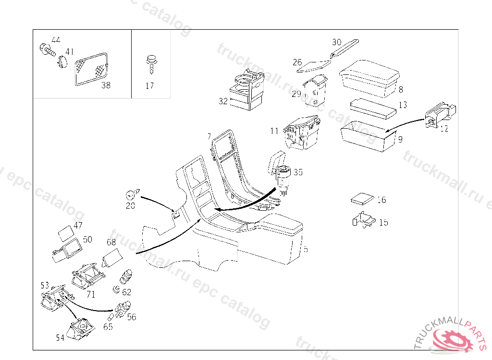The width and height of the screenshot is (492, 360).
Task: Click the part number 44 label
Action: point(56,39)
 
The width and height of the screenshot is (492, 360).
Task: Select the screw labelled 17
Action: point(150,63)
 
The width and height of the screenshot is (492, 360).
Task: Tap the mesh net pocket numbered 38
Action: point(92,68)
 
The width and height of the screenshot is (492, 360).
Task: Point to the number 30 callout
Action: point(336,42)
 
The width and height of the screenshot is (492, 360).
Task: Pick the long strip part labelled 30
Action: point(344,49)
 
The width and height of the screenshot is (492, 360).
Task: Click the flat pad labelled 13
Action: point(372,108)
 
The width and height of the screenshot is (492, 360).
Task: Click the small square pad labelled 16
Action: point(363,199)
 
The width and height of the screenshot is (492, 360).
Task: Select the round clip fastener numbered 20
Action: point(130,194)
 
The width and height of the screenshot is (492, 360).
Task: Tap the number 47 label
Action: point(78,225)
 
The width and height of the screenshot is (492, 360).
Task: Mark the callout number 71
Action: point(91,294)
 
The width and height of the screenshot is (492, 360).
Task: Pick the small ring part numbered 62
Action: point(116,289)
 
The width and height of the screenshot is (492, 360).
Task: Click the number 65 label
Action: point(108,327)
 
